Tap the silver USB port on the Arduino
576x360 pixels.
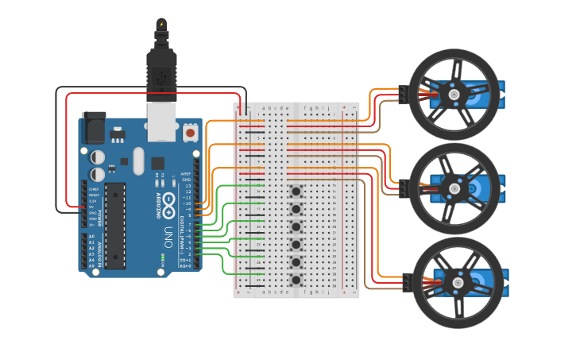pyautogui.click(x=163, y=122)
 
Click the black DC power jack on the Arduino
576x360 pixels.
pyautogui.click(x=93, y=128)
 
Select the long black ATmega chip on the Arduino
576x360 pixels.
pyautogui.click(x=115, y=226)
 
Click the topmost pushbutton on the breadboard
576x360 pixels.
pyautogui.click(x=296, y=191)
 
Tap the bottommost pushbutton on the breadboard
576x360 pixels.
pyautogui.click(x=296, y=280)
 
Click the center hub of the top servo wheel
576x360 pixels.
pyautogui.click(x=454, y=94)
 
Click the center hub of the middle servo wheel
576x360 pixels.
pyautogui.click(x=454, y=188)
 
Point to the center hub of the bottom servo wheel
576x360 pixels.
pyautogui.click(x=458, y=282)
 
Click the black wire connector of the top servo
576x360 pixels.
pyautogui.click(x=403, y=95)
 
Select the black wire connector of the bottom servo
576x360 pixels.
pyautogui.click(x=407, y=282)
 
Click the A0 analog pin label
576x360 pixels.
pyautogui.click(x=91, y=237)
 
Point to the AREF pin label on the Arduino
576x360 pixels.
pyautogui.click(x=185, y=173)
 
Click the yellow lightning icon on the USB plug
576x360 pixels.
pyautogui.click(x=162, y=24)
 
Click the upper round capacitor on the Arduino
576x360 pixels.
pyautogui.click(x=97, y=157)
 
